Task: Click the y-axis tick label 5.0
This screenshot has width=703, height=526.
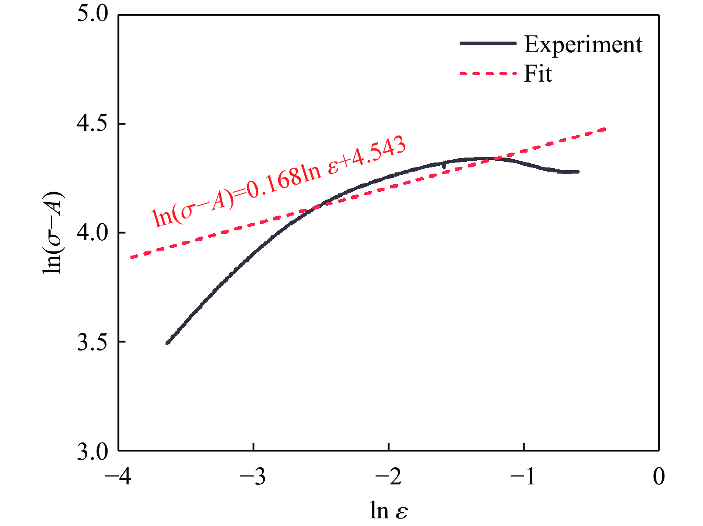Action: [93, 14]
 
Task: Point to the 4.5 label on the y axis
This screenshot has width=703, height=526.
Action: [93, 124]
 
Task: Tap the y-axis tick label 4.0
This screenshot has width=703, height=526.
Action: [93, 233]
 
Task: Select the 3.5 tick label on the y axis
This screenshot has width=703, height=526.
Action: [93, 342]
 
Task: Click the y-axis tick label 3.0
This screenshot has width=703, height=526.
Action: [93, 451]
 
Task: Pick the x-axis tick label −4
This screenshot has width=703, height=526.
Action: [118, 476]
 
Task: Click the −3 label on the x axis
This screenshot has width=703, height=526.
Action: [253, 476]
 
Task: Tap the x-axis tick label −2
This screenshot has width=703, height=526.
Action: [388, 476]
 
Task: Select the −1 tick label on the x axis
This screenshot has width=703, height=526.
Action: [523, 476]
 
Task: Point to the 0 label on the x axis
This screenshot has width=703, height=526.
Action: [659, 476]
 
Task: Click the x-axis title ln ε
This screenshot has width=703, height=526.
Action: [389, 510]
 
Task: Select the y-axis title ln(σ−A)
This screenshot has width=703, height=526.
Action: [53, 233]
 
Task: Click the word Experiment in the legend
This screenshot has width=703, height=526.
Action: [583, 45]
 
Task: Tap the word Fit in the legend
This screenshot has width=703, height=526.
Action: [538, 73]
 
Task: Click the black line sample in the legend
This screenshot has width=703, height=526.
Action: [488, 43]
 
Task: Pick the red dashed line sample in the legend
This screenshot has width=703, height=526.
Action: [488, 73]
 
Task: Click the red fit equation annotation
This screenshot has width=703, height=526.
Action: [278, 181]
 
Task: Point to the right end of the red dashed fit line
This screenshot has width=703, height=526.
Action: [605, 130]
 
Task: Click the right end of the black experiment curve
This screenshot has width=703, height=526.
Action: [578, 172]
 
